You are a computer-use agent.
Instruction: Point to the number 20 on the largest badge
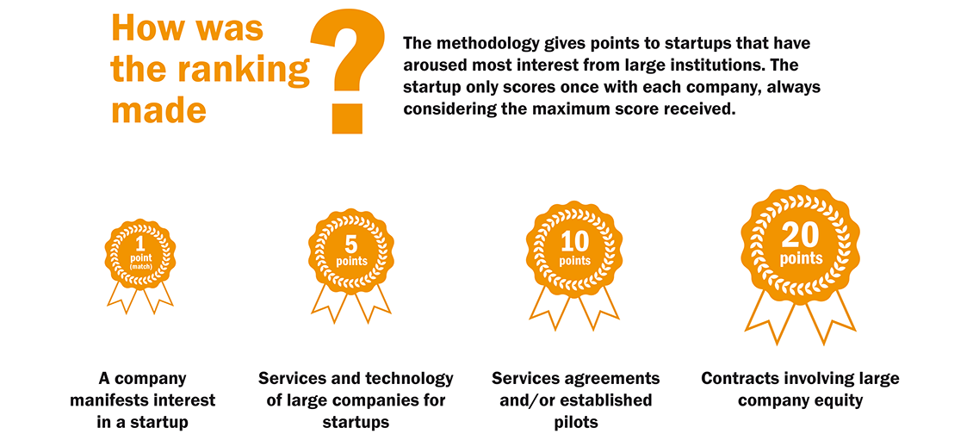[x=800, y=236]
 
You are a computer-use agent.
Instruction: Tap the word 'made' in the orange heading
[x=158, y=110]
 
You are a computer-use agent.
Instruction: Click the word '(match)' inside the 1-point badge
[x=140, y=266]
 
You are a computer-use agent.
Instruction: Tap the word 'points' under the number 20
[x=801, y=258]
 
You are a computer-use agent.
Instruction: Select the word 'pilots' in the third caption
[x=575, y=423]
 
